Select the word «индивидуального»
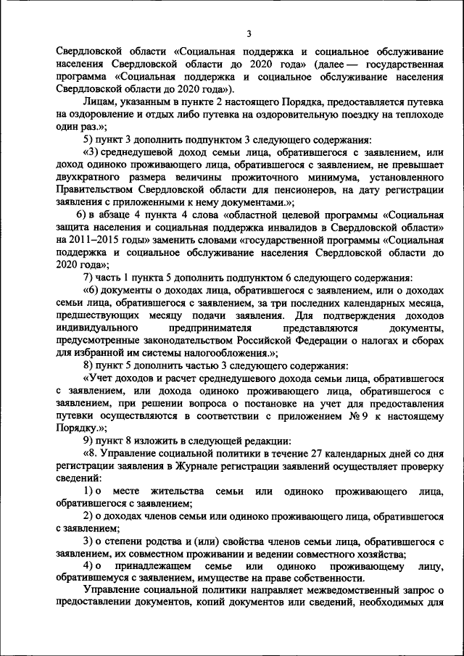97,328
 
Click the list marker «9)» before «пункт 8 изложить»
88,441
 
